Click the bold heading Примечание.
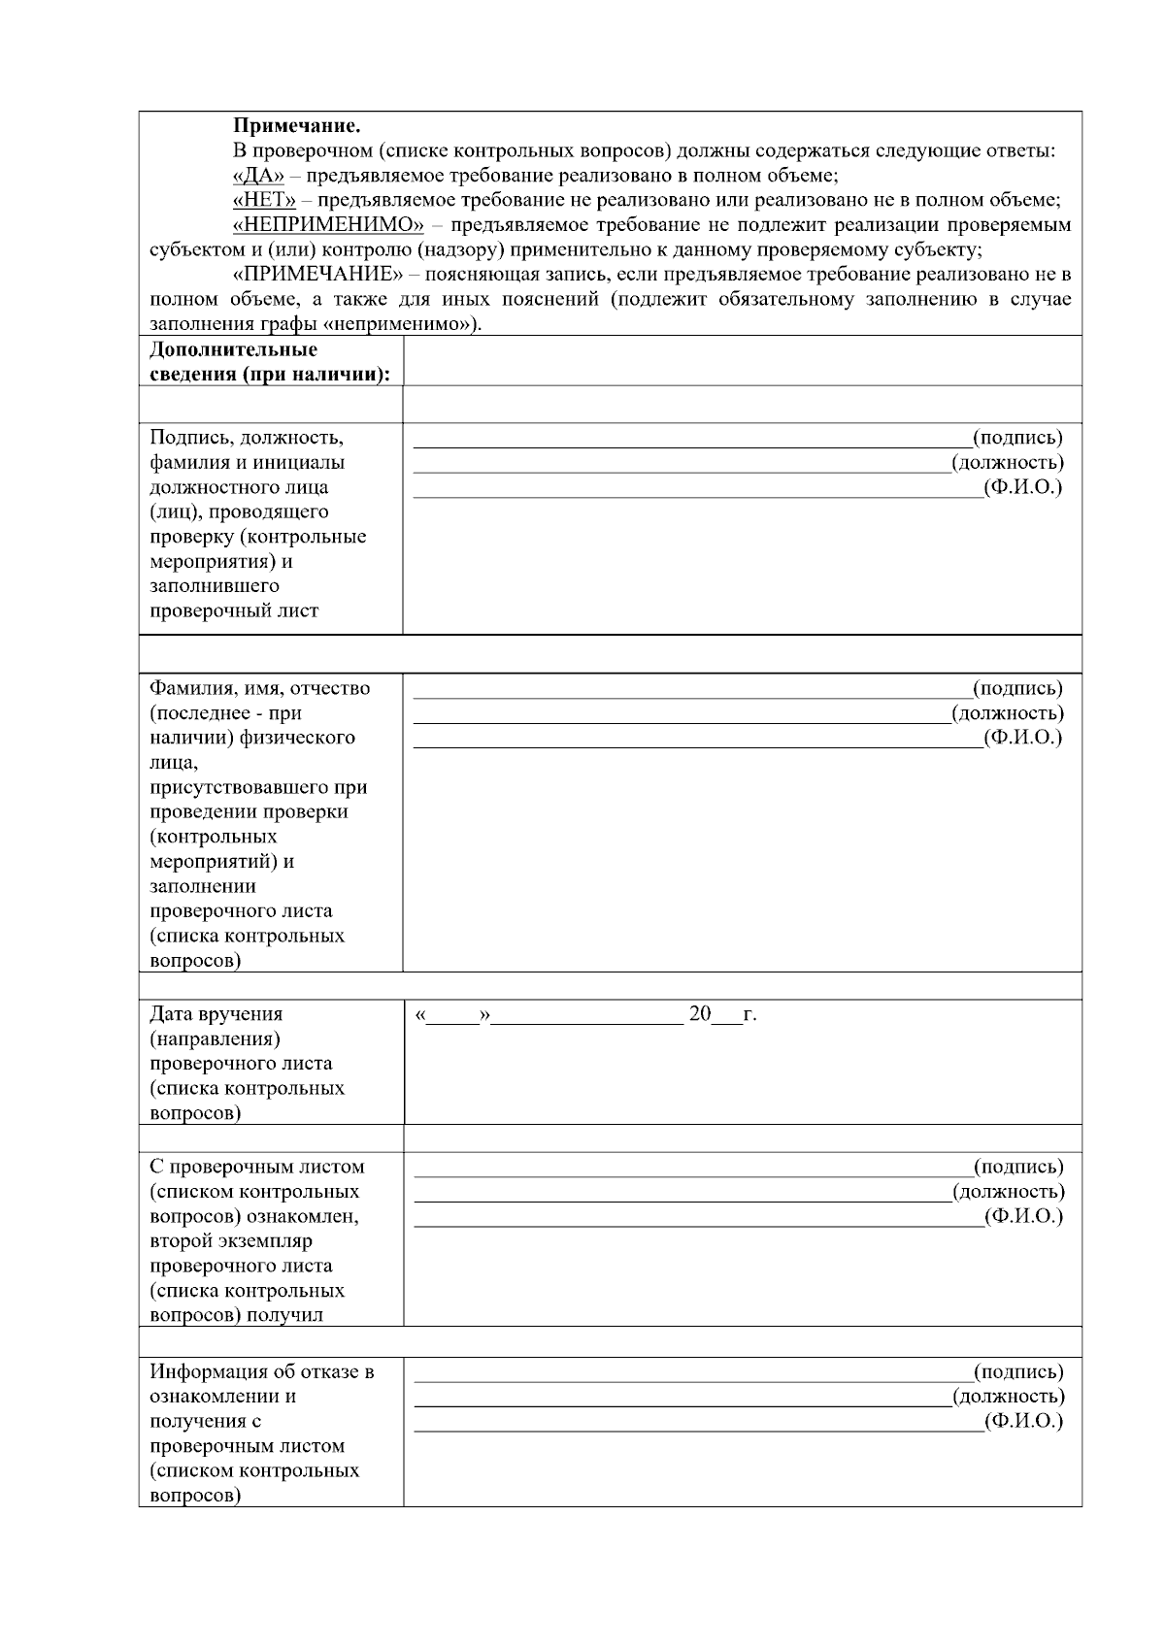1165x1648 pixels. tap(297, 126)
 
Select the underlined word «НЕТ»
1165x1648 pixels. tap(264, 200)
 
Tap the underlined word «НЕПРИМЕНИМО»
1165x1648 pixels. tap(329, 225)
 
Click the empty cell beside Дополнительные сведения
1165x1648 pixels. tap(742, 361)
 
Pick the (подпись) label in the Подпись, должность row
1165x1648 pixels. tap(1017, 437)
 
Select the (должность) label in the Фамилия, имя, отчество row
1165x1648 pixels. tap(1008, 712)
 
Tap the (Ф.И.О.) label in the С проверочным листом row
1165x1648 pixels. tap(1023, 1216)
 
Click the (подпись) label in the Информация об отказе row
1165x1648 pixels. tap(1018, 1371)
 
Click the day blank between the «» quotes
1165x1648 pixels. tap(453, 1015)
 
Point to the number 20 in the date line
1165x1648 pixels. tap(700, 1014)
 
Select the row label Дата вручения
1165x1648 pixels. tap(216, 1014)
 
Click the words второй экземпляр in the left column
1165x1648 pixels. tap(231, 1240)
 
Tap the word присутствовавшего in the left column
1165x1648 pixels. tap(258, 787)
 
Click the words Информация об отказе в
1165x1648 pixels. tap(262, 1371)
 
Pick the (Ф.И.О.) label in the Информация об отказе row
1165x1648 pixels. tap(1023, 1421)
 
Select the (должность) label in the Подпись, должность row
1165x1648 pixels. tap(1008, 462)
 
